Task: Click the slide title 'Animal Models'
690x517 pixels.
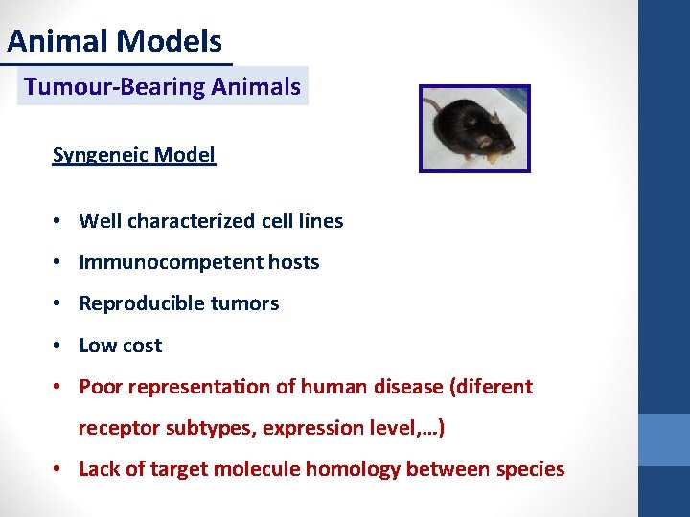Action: (x=114, y=41)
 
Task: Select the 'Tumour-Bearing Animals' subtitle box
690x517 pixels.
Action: (x=162, y=86)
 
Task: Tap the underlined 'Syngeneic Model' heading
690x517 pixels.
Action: (x=134, y=155)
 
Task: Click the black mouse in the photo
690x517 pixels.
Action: (x=465, y=128)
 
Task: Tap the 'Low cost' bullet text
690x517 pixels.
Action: (x=121, y=346)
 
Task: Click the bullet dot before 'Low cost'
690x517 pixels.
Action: (x=58, y=346)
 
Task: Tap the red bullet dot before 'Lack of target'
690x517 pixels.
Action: (x=58, y=469)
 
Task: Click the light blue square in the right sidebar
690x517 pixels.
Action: (x=664, y=439)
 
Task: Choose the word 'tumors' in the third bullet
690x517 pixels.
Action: (x=247, y=303)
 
